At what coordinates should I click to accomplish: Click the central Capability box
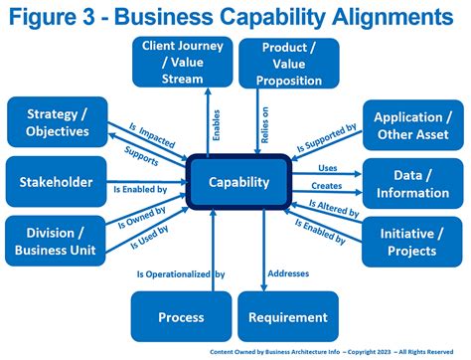(238, 182)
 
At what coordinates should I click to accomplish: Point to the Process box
(181, 317)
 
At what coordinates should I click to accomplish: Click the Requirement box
(289, 317)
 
